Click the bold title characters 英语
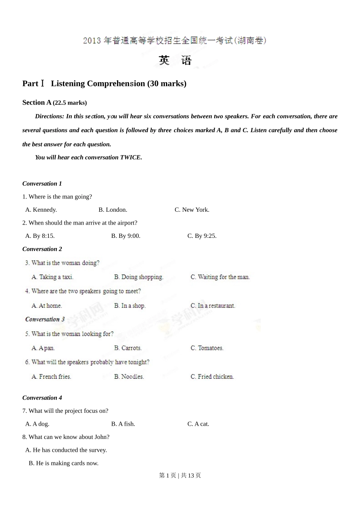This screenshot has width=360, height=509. pyautogui.click(x=175, y=61)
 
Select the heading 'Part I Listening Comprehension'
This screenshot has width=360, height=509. pyautogui.click(x=104, y=84)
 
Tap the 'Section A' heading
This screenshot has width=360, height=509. pyautogui.click(x=37, y=103)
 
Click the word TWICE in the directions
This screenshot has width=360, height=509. pyautogui.click(x=130, y=158)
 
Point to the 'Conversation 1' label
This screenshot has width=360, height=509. pyautogui.click(x=42, y=184)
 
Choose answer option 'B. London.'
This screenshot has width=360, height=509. pyautogui.click(x=113, y=210)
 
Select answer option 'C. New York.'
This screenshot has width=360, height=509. pyautogui.click(x=192, y=210)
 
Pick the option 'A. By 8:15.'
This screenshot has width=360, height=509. pyautogui.click(x=40, y=236)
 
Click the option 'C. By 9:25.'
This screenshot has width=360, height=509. pyautogui.click(x=202, y=236)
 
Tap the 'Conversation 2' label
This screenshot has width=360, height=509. pyautogui.click(x=42, y=249)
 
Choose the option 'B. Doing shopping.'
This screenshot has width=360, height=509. pyautogui.click(x=139, y=277)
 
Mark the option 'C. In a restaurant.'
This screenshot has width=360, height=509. pyautogui.click(x=213, y=306)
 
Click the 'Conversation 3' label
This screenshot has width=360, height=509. pyautogui.click(x=45, y=319)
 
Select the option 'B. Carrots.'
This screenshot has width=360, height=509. pyautogui.click(x=128, y=348)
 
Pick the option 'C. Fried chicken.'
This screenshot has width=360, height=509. pyautogui.click(x=212, y=377)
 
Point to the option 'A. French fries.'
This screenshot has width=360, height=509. pyautogui.click(x=51, y=377)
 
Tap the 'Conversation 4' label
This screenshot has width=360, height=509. pyautogui.click(x=42, y=398)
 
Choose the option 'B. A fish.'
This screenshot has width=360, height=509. pyautogui.click(x=123, y=424)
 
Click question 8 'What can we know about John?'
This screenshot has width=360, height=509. pyautogui.click(x=66, y=437)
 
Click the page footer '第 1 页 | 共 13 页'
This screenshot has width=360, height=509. pyautogui.click(x=180, y=476)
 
